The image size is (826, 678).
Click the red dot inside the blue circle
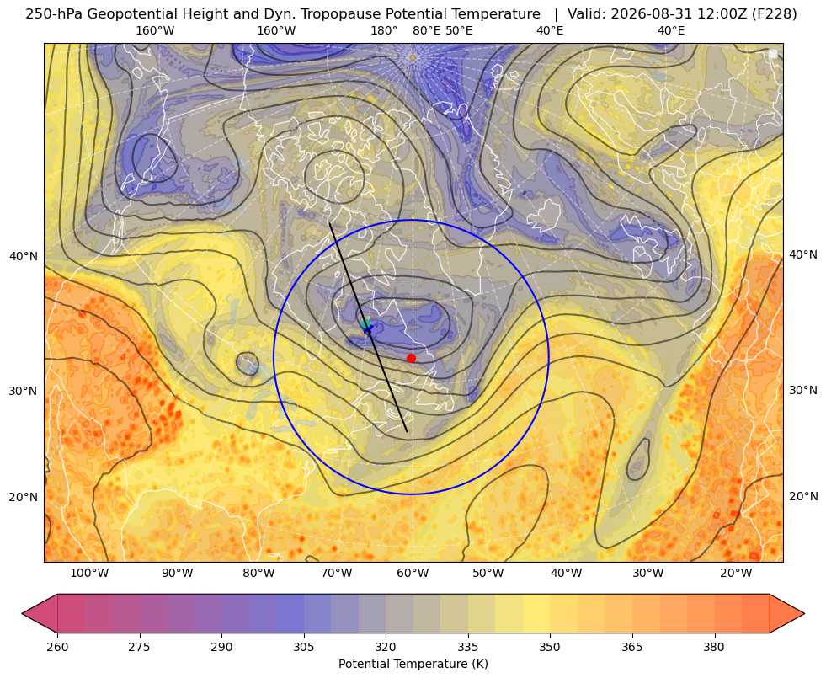click(411, 358)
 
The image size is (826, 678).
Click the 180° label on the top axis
click(384, 30)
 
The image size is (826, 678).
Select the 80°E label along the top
click(426, 30)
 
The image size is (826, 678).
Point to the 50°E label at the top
click(459, 30)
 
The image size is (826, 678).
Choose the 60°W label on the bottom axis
click(413, 574)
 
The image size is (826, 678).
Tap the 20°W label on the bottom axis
click(736, 574)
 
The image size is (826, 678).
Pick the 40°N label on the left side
click(24, 257)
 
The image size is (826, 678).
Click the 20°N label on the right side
click(803, 496)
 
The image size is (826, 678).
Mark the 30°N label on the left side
click(24, 392)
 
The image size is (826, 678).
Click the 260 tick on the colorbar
click(57, 647)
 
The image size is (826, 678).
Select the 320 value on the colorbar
click(386, 647)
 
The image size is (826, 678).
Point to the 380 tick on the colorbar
click(714, 647)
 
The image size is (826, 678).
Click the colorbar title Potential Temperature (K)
click(413, 664)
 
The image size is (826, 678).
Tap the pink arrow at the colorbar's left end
click(40, 613)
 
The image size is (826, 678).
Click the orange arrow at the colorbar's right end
click(786, 613)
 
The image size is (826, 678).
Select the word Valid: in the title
click(587, 14)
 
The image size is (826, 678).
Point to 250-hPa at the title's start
click(54, 14)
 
